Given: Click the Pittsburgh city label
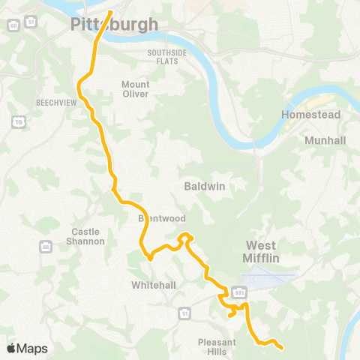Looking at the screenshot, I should [x=114, y=25].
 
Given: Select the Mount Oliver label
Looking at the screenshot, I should [x=136, y=89].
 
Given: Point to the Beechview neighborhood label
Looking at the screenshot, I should [x=52, y=103].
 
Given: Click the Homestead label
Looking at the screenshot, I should [x=310, y=115].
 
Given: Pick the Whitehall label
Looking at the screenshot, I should [x=153, y=286].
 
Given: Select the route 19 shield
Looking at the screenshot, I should [x=16, y=121].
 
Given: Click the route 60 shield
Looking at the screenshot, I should [x=13, y=26].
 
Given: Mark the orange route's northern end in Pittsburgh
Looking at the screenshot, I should [x=111, y=12].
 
